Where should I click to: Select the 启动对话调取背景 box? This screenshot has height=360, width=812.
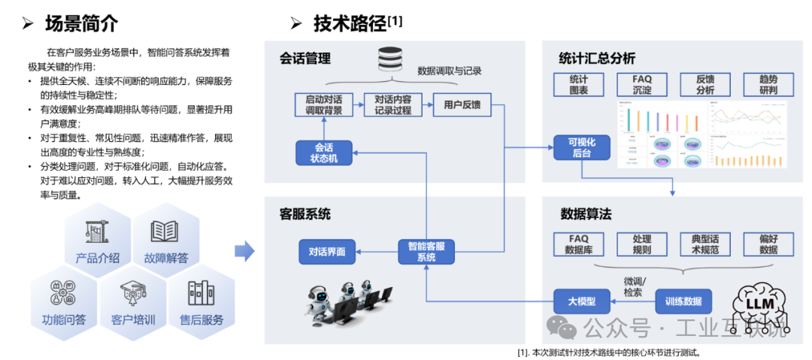(x=324, y=104)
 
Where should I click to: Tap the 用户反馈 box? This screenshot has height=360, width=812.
(x=462, y=104)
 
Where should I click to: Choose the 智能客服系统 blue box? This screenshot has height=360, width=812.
(x=426, y=252)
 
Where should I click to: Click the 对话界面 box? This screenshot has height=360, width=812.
(x=326, y=252)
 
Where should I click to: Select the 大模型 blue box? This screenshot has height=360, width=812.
(x=581, y=301)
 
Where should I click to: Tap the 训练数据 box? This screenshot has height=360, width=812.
(x=683, y=301)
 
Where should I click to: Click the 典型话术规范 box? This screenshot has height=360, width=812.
(x=705, y=244)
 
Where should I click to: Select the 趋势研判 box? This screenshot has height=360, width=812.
(x=768, y=85)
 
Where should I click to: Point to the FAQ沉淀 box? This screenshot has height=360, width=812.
(x=642, y=85)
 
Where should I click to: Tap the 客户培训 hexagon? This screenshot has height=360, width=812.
(x=133, y=304)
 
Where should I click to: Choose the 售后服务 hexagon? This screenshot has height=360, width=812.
(x=201, y=304)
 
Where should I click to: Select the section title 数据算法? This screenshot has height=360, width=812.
(x=586, y=214)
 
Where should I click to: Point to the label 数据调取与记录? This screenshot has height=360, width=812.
(x=449, y=71)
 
